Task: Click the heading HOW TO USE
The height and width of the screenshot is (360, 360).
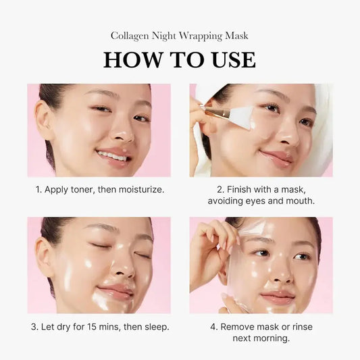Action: tap(180, 59)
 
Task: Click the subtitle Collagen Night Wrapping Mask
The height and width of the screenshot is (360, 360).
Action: tap(180, 35)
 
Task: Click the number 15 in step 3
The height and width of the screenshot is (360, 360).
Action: tap(94, 327)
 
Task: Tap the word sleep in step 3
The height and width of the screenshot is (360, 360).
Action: tap(155, 327)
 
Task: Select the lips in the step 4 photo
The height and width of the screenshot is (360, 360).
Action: tap(278, 297)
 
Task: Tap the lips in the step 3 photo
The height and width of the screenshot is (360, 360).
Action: tap(115, 291)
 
